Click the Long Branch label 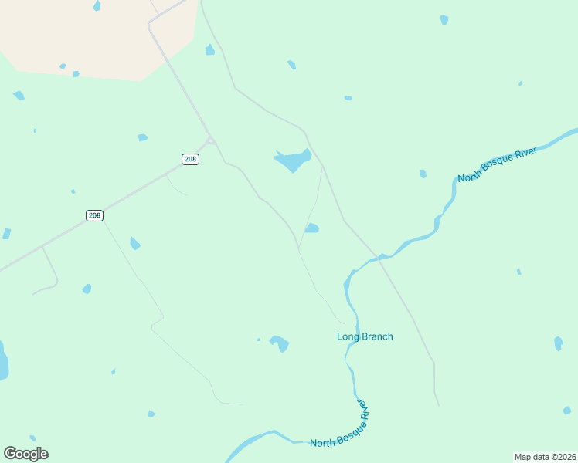point(365,336)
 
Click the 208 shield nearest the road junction point(191,159)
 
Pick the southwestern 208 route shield point(94,215)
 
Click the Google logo point(25,454)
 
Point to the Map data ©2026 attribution point(545,457)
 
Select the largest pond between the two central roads point(293,161)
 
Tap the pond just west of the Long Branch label point(279,343)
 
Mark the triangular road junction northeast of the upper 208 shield point(211,140)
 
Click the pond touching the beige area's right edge point(209,50)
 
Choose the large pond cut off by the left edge point(2,361)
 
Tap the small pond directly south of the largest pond point(311,228)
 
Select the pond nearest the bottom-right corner point(567,411)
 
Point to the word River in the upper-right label point(525,154)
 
